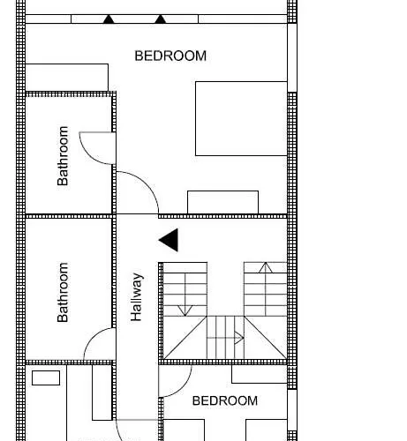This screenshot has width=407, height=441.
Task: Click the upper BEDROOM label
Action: click(x=170, y=56)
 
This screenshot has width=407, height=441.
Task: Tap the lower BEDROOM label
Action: click(x=225, y=400)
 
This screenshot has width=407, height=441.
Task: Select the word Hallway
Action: click(x=137, y=297)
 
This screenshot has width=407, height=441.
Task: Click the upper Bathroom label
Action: click(x=63, y=156)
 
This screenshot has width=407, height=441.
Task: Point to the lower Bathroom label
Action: click(x=63, y=293)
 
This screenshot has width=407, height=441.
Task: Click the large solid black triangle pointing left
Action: click(x=169, y=240)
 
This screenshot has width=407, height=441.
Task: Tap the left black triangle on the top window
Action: click(x=109, y=19)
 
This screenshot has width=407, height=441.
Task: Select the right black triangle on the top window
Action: click(x=160, y=19)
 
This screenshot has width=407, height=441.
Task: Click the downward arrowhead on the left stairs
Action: click(x=185, y=310)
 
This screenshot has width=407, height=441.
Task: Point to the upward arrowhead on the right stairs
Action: click(x=266, y=267)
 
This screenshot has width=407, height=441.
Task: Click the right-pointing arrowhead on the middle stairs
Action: click(x=239, y=338)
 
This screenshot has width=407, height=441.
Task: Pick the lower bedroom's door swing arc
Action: click(x=183, y=387)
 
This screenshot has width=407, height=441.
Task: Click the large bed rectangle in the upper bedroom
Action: click(x=241, y=118)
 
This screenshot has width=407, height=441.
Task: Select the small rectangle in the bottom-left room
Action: click(x=46, y=377)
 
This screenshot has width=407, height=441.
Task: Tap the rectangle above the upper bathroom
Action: click(x=67, y=78)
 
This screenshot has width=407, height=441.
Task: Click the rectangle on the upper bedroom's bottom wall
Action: click(x=223, y=202)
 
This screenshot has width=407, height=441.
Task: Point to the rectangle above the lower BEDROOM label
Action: click(x=260, y=374)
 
